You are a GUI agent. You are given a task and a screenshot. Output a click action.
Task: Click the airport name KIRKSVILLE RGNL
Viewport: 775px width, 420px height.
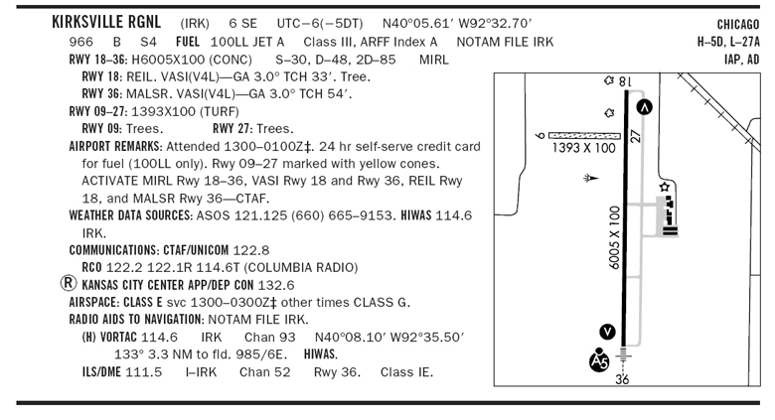pos(109,22)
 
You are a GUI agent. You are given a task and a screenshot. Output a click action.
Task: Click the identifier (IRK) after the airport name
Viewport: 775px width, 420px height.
pos(195,23)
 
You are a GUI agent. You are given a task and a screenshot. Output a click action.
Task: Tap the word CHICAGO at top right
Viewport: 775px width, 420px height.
pos(737,24)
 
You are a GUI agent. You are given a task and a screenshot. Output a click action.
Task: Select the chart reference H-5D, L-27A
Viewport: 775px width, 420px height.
pos(728,42)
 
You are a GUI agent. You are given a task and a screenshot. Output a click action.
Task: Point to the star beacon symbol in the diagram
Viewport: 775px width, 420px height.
pos(665,187)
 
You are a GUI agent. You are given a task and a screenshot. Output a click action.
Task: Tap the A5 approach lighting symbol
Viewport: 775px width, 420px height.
pos(599,359)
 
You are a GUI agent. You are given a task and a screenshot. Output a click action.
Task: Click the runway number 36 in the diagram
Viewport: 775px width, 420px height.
pos(623,378)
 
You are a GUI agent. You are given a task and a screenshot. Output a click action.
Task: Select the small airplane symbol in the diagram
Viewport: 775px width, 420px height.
pos(592,178)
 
